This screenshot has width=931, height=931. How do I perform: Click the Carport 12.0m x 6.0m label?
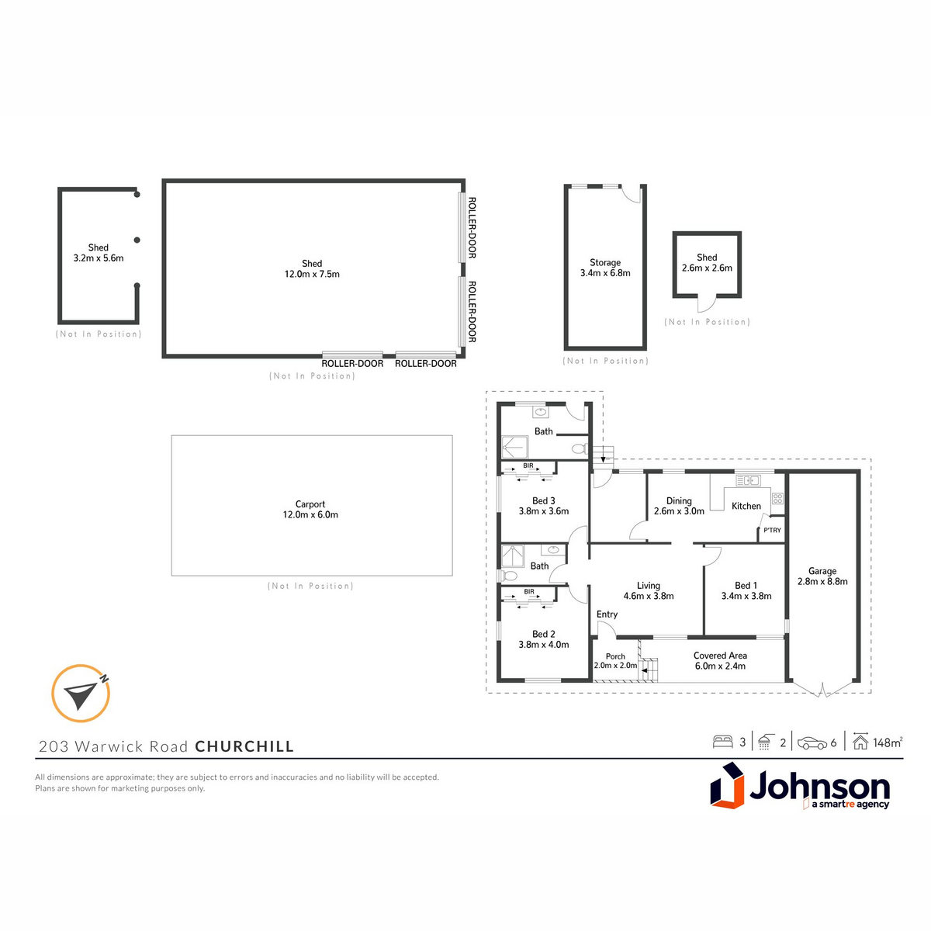(x=310, y=509)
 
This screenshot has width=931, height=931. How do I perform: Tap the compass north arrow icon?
(x=81, y=694)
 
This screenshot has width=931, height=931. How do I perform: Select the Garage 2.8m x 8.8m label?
(x=822, y=576)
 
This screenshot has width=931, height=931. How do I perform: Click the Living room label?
(x=649, y=590)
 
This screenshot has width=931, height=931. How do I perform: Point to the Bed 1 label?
(x=746, y=590)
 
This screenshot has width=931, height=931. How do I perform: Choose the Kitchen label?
(x=746, y=506)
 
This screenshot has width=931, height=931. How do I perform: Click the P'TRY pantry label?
(x=772, y=530)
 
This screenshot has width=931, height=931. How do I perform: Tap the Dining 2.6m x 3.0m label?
(x=679, y=506)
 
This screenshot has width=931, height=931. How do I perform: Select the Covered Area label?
(x=720, y=660)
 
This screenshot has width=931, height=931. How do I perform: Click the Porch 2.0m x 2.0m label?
(x=615, y=660)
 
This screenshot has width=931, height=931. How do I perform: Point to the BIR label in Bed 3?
(x=528, y=465)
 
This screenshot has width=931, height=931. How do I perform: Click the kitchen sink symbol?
(x=748, y=480)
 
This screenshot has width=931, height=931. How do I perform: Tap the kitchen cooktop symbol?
(x=777, y=498)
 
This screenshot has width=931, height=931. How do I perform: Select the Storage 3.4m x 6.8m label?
(x=605, y=268)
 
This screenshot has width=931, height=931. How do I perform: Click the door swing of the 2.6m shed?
(x=708, y=304)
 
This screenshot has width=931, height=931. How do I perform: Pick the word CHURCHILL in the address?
(x=244, y=746)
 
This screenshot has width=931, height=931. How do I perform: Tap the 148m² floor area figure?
(x=888, y=742)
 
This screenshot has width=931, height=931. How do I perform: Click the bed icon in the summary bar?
(x=722, y=742)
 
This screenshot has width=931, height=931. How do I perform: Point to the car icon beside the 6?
(x=812, y=743)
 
